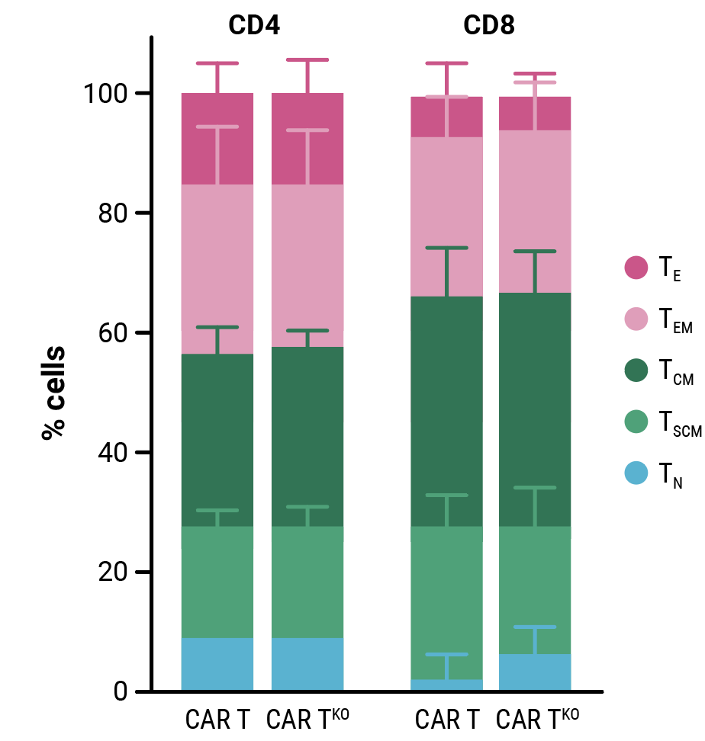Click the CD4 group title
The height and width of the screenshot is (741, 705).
[x=254, y=26]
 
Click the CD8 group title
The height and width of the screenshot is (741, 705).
[x=489, y=26]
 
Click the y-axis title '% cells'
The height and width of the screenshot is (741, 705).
[x=53, y=393]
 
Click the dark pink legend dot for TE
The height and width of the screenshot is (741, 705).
[x=636, y=268]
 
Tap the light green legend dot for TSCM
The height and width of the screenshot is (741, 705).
[x=636, y=422]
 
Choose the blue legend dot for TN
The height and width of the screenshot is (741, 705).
[x=636, y=473]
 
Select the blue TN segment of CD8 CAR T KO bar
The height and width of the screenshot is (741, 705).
[x=534, y=672]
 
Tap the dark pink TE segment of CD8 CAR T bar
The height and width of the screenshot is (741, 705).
[x=447, y=117]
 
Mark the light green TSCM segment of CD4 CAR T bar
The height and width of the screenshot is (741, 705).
[x=217, y=582]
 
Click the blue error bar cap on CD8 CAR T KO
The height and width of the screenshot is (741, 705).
[x=534, y=627]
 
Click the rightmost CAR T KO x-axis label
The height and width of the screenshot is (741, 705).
[x=537, y=719]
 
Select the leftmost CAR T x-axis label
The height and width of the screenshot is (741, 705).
[x=217, y=720]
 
